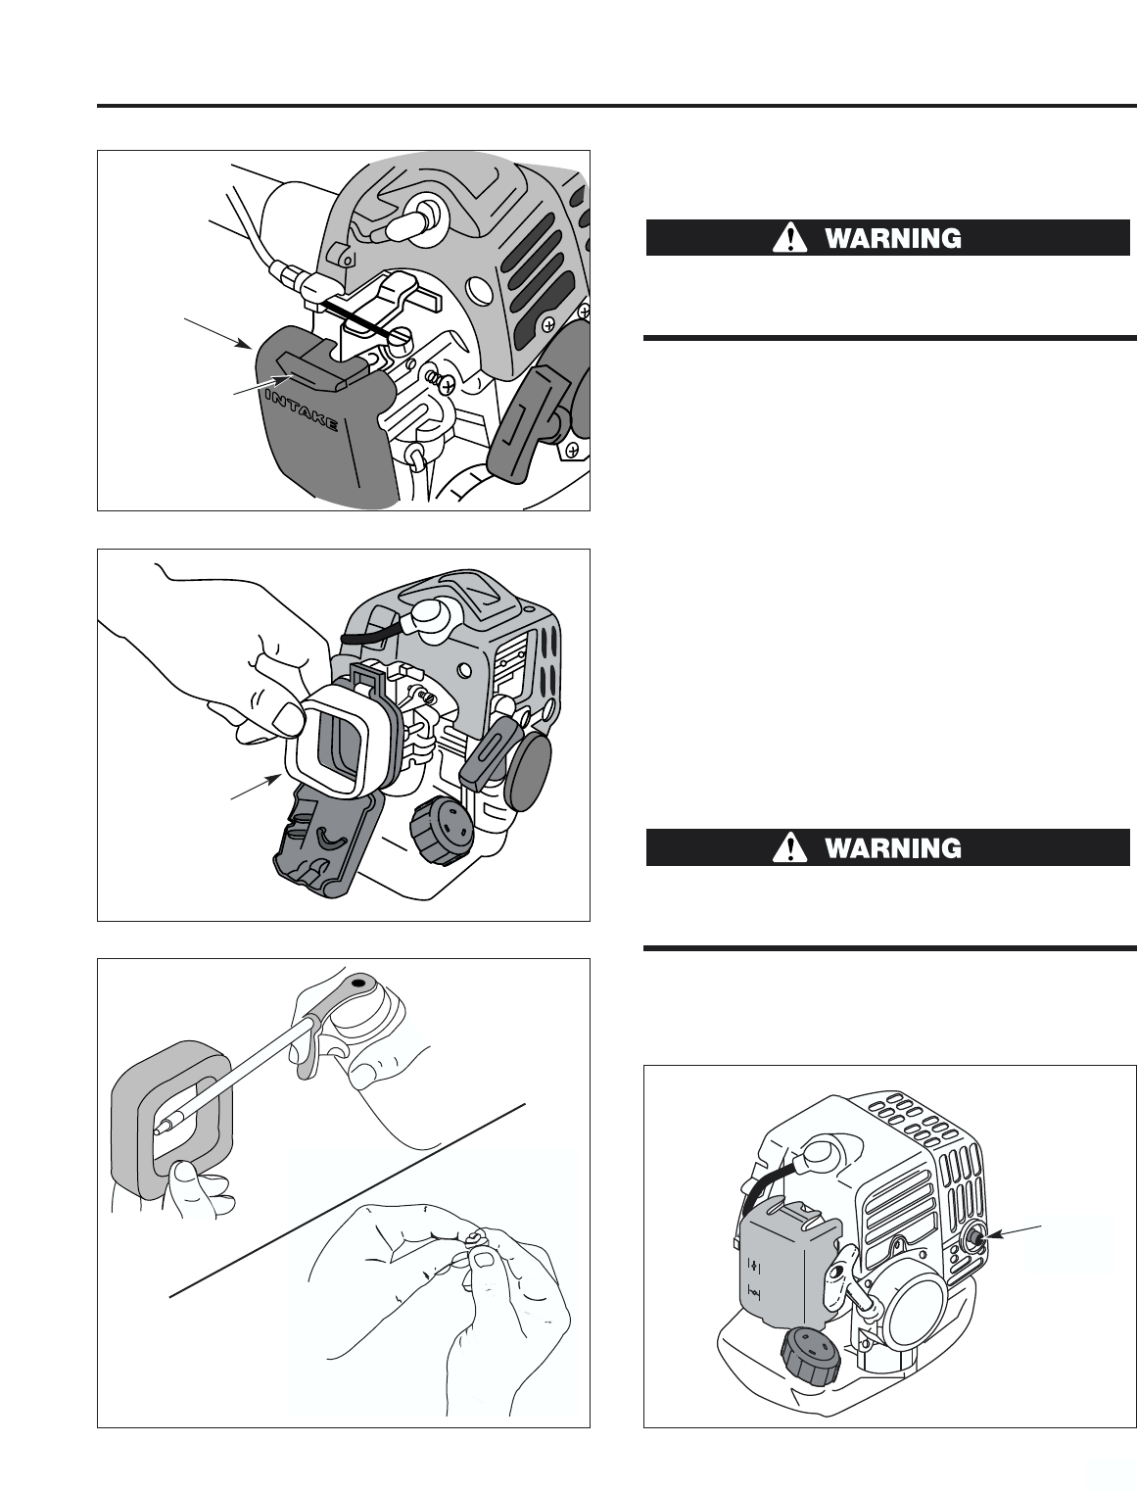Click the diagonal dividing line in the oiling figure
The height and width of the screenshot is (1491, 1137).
coord(348,1200)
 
